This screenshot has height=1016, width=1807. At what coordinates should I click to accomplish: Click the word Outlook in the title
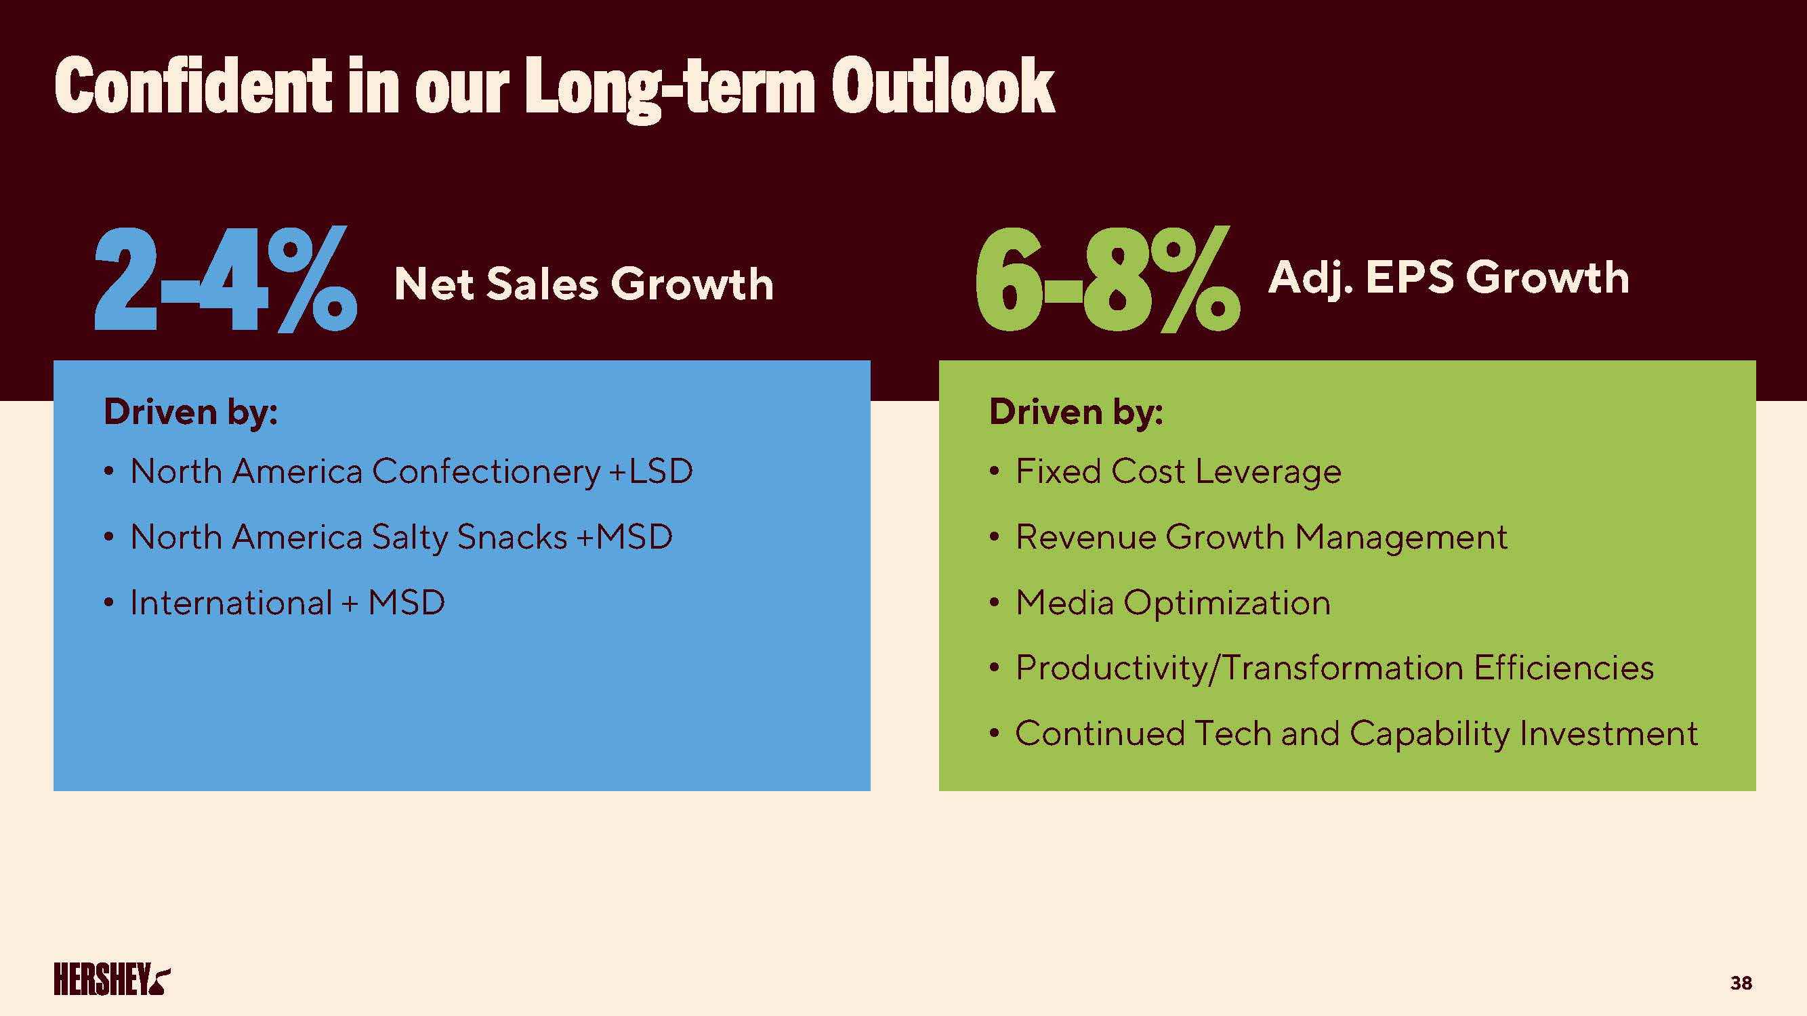coord(942,86)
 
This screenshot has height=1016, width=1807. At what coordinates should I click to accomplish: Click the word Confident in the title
coord(193,86)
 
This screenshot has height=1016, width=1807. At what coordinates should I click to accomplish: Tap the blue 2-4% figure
coord(226,280)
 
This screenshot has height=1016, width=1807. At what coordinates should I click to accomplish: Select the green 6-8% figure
coord(1107,280)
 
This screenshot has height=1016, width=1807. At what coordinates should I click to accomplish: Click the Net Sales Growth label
coord(583,284)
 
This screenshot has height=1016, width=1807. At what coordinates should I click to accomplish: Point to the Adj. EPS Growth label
coord(1448,278)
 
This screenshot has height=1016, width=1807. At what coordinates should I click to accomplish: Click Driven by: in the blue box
coord(191,412)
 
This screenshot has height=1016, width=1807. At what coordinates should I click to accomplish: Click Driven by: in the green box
coord(1075,412)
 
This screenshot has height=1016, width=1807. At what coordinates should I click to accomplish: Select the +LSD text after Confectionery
coord(651,471)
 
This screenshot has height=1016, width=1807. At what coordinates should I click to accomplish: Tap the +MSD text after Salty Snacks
coord(623,537)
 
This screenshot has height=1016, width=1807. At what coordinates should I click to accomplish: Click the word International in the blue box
coord(231,602)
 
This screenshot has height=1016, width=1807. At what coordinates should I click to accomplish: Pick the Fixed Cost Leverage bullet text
coord(1178,471)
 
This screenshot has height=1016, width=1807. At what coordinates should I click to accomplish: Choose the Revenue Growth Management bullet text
coord(1260,537)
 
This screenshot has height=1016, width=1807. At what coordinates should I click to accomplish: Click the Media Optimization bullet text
coord(1172,602)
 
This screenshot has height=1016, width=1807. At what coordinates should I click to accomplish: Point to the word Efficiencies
coord(1564,668)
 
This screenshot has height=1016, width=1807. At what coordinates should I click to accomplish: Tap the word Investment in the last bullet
coord(1608,734)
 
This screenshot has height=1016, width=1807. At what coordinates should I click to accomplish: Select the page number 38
coord(1741,983)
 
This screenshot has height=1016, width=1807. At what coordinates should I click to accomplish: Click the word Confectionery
coord(485,471)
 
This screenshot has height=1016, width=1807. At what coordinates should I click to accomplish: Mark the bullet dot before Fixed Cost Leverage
coord(994,472)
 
